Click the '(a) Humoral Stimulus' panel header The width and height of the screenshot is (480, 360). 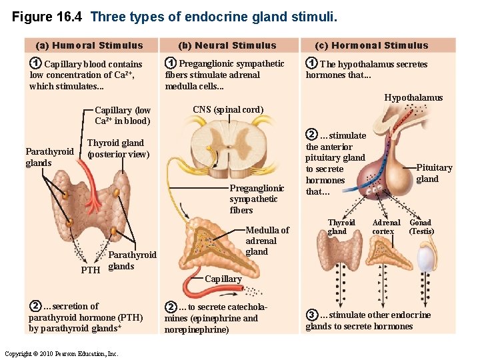(89, 45)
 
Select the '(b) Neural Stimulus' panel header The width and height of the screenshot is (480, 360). (227, 45)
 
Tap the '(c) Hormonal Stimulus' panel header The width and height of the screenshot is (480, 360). (381, 45)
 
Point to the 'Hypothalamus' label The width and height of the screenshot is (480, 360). (413, 98)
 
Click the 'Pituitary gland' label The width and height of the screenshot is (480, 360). (433, 173)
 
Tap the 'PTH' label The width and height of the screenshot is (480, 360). (90, 271)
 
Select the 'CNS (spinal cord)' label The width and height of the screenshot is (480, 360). (228, 109)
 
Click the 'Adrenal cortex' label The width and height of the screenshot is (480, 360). (386, 227)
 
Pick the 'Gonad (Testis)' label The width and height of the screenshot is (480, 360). (421, 227)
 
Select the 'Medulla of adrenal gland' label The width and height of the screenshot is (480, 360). (267, 241)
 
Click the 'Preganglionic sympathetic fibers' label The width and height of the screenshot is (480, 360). (256, 199)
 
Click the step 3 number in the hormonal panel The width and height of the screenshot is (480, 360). (311, 315)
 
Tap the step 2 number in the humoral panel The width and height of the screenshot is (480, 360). (35, 306)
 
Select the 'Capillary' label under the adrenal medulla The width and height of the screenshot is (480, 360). (223, 279)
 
